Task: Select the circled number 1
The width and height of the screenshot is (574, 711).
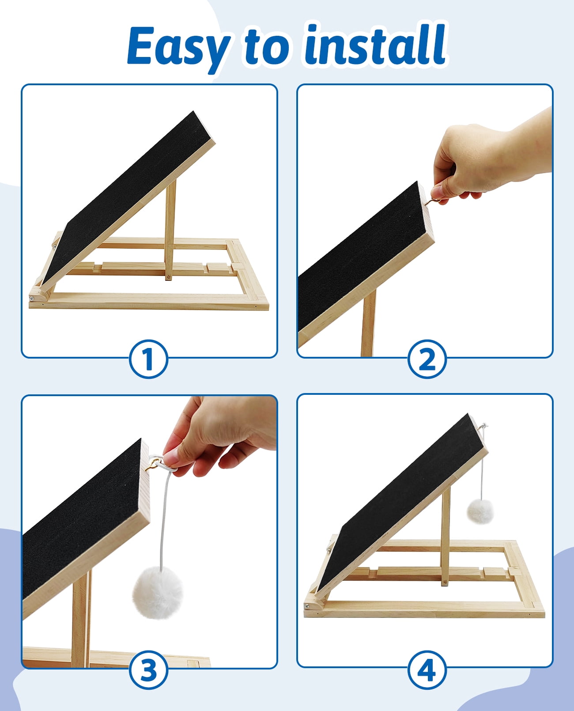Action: click(148, 359)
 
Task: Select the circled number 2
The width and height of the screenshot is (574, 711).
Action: click(427, 359)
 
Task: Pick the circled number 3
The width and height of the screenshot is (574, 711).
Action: click(148, 669)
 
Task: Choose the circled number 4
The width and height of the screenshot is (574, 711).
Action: click(427, 669)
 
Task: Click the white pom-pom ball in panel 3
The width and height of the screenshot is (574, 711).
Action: click(158, 593)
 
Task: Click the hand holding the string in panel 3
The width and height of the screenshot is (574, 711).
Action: click(217, 434)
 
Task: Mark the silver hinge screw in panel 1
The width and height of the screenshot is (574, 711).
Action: click(32, 298)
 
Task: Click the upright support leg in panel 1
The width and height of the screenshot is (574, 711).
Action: click(170, 231)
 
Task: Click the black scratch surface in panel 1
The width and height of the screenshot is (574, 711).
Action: click(128, 197)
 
